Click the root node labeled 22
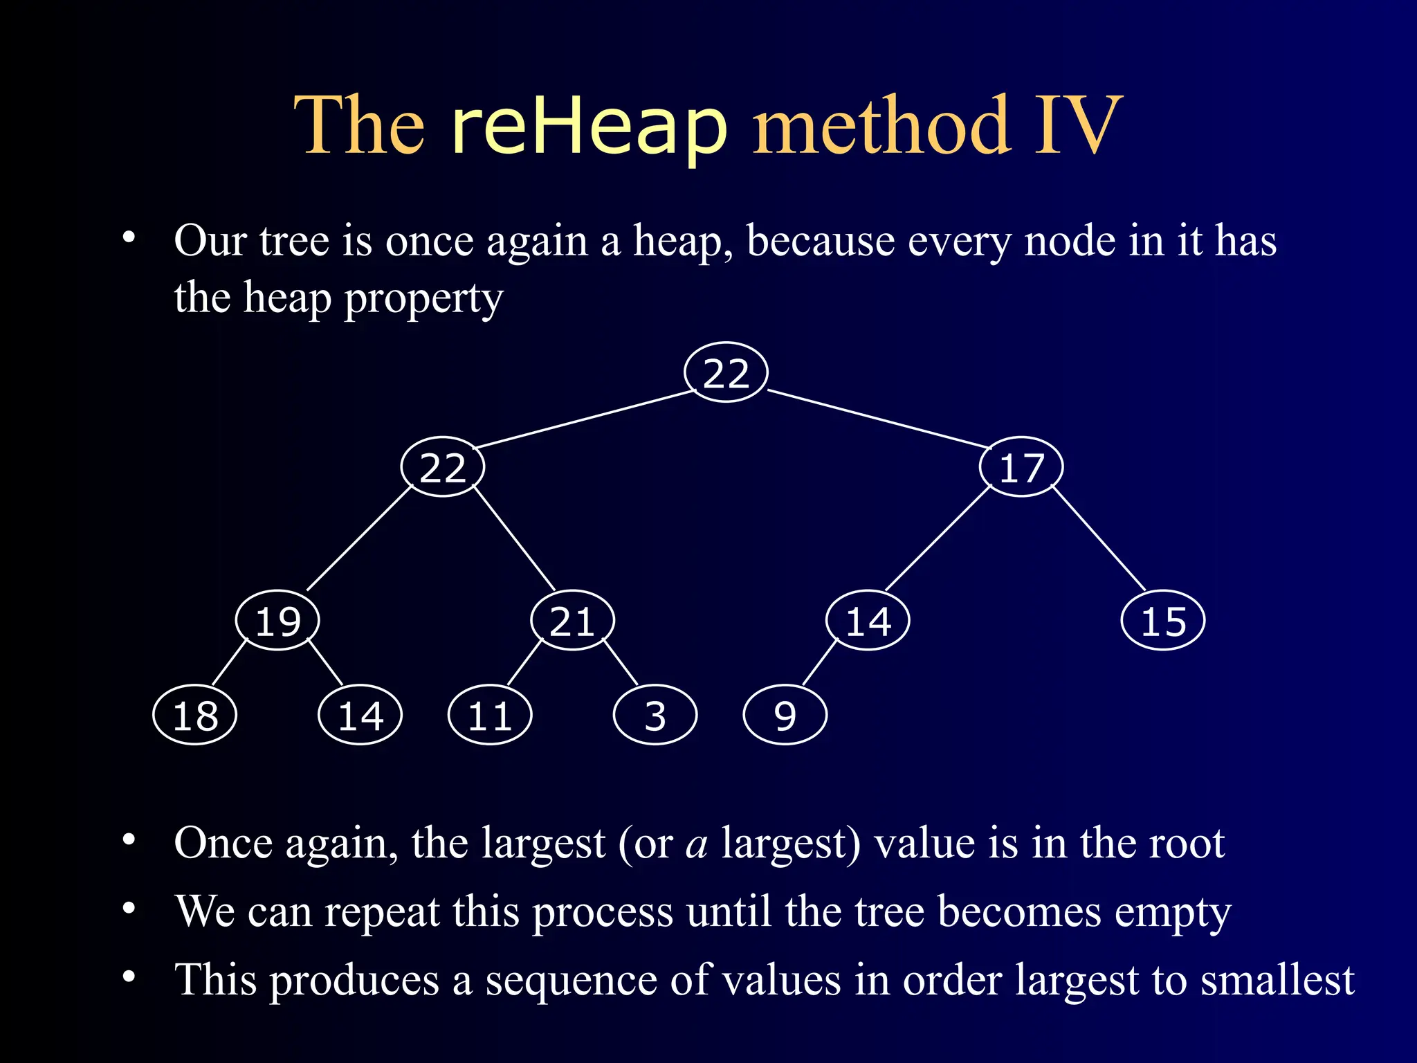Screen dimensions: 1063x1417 click(726, 372)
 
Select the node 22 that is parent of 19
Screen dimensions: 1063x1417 click(443, 467)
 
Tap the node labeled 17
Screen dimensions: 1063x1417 click(1021, 467)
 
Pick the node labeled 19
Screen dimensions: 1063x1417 click(277, 620)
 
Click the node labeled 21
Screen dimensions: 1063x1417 click(572, 620)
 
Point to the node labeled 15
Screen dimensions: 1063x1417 click(1162, 620)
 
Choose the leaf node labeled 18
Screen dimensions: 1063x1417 click(195, 715)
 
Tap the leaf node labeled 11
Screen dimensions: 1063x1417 click(490, 715)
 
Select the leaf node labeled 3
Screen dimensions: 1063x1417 click(655, 715)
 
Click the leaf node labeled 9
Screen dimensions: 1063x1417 click(785, 715)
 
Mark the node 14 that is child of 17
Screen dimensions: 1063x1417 click(868, 620)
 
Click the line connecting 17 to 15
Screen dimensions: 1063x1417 click(1099, 538)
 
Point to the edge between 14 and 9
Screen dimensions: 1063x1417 click(819, 663)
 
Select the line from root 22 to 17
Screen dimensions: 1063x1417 click(879, 419)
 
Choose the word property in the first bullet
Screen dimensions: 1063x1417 click(423, 299)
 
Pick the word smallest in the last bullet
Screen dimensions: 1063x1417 click(1277, 980)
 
